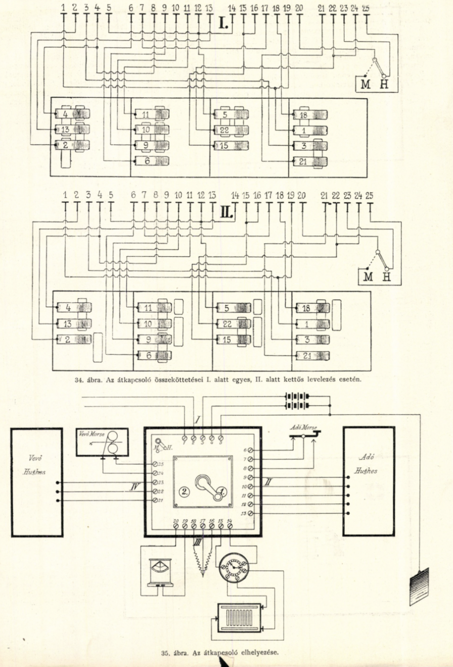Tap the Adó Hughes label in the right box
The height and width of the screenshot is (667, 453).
[x=365, y=464]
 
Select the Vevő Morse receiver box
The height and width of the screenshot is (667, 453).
[x=102, y=442]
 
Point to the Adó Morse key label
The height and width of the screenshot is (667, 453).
[x=303, y=426]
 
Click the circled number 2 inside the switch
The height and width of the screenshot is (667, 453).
[x=184, y=492]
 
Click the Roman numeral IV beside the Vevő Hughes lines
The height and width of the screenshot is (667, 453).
[x=134, y=488]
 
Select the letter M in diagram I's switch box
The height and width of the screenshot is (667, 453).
[x=365, y=84]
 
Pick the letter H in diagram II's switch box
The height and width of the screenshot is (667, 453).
[x=386, y=277]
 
